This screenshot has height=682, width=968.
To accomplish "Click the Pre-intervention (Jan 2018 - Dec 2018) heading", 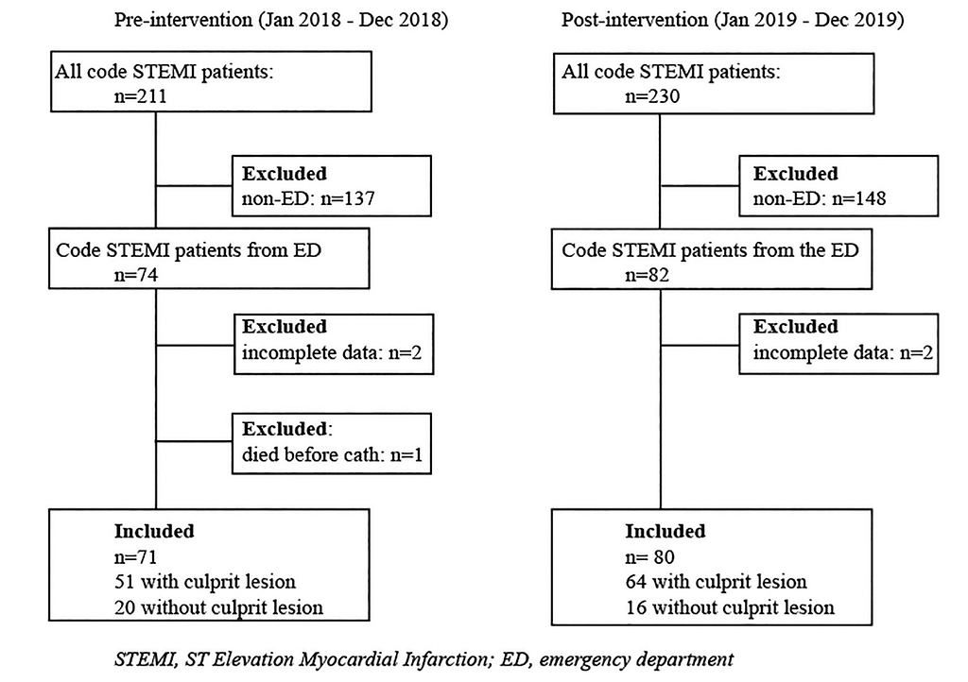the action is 281,20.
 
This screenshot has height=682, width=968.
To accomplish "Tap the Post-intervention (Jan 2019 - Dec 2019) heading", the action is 733,20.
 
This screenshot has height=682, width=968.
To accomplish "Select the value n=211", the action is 140,96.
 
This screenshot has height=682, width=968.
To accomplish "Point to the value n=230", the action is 652,96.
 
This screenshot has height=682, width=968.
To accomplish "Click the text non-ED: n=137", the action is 308,198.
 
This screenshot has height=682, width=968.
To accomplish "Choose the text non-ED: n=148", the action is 820,198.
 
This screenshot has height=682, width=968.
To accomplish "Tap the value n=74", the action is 136,274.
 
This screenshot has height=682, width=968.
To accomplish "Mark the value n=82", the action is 647,274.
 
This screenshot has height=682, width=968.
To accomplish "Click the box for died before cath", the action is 332,414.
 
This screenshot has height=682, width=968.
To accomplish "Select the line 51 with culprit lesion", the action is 205,582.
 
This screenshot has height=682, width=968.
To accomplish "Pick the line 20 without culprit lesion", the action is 218,607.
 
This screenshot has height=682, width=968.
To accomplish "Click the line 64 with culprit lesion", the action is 717,582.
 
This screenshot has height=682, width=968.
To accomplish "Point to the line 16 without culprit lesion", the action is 730,607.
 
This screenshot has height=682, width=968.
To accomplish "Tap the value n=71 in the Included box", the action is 136,556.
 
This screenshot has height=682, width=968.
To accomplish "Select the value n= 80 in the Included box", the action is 649,556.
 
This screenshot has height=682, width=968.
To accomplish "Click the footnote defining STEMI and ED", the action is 423,659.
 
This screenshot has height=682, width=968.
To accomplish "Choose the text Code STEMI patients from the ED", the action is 710,249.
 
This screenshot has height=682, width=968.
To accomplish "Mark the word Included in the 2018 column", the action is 154,531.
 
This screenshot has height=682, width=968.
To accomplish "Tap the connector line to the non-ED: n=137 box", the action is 194,185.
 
